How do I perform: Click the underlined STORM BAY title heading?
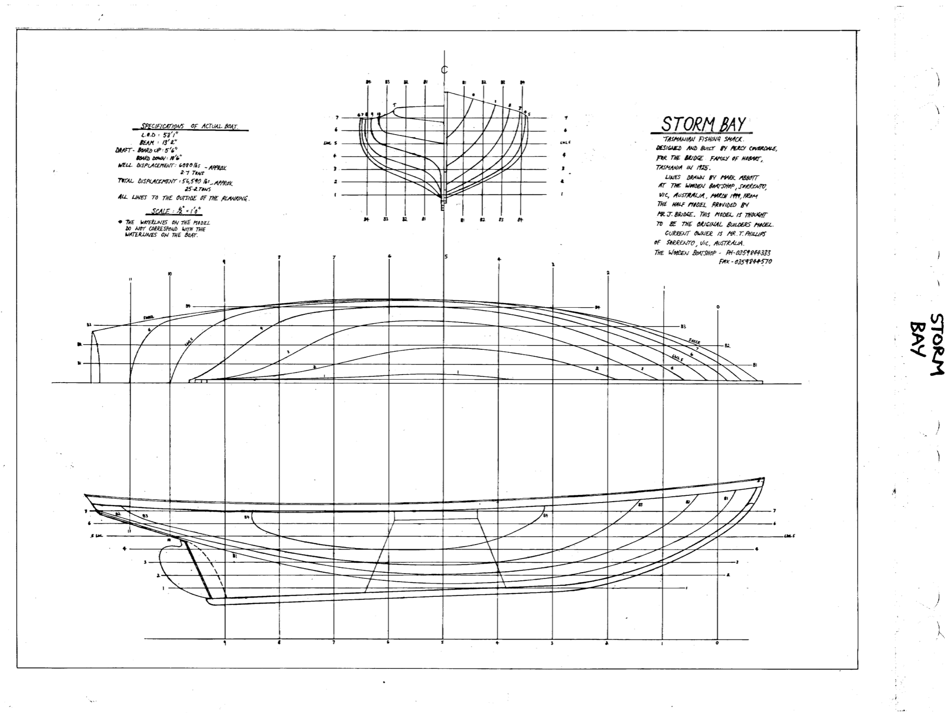(x=703, y=124)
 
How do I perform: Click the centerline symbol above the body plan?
(x=445, y=70)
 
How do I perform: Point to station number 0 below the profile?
(x=717, y=643)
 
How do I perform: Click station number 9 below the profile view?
(x=224, y=643)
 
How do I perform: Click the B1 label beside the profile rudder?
(x=234, y=556)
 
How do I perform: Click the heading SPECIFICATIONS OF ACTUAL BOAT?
(x=190, y=127)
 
